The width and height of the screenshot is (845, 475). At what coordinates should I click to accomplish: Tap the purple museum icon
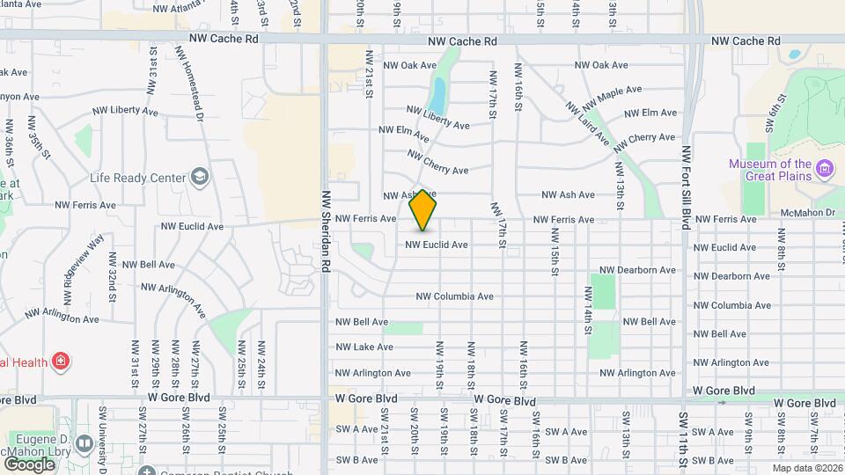pos(825,168)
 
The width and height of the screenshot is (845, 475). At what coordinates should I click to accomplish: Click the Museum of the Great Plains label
pos(769,170)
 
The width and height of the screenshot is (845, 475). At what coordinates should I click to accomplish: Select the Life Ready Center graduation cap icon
pos(200,177)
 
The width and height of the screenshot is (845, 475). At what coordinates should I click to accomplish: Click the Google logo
pos(29,464)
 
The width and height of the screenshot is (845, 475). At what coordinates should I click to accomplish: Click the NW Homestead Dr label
pos(190,84)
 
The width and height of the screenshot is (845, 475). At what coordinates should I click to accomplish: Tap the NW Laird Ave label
pos(587,123)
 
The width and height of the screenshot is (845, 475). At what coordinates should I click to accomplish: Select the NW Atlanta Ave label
pos(186,9)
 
